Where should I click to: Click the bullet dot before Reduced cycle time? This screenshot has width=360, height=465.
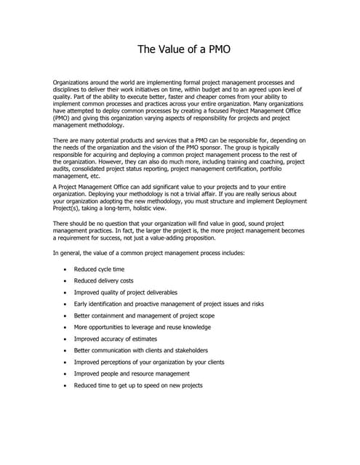pos(66,270)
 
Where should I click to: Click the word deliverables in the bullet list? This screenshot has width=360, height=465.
pos(174,292)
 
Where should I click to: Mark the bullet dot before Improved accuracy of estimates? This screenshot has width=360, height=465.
pos(66,339)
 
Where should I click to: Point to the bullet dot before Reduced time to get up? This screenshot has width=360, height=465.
pos(66,386)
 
